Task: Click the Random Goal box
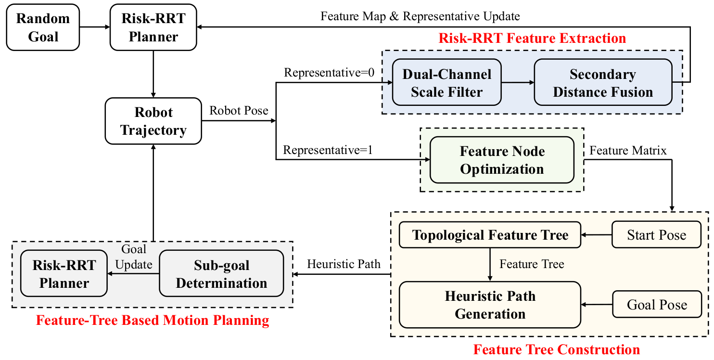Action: click(43, 27)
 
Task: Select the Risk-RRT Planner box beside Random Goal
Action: click(153, 27)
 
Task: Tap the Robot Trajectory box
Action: click(153, 121)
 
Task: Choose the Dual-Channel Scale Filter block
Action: click(446, 82)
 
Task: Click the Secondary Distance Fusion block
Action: click(603, 82)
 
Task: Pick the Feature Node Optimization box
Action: click(502, 160)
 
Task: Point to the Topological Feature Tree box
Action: click(490, 235)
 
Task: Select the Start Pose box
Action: click(657, 235)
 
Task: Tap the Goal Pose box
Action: click(657, 304)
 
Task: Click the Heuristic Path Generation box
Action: click(490, 305)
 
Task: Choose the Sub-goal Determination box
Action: click(221, 273)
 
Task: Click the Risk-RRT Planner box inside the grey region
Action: click(64, 273)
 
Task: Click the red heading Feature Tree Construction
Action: click(557, 349)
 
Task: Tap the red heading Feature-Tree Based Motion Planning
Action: click(153, 320)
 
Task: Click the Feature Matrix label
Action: click(628, 151)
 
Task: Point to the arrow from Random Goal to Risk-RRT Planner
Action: click(95, 27)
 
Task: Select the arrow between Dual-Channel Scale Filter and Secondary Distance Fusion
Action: click(518, 82)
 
